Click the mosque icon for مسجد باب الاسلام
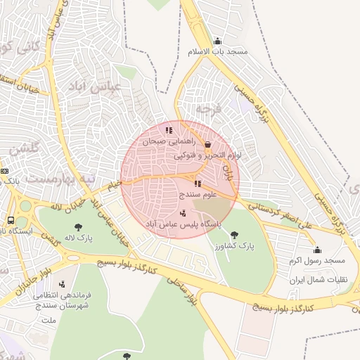click(217, 41)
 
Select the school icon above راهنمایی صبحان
click(169, 130)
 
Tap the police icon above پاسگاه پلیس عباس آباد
click(184, 213)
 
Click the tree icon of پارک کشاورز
click(234, 235)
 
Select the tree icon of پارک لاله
click(78, 227)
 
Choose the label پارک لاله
click(78, 238)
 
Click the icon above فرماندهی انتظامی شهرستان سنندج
click(63, 284)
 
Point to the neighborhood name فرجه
click(208, 109)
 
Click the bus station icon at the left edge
click(11, 219)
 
